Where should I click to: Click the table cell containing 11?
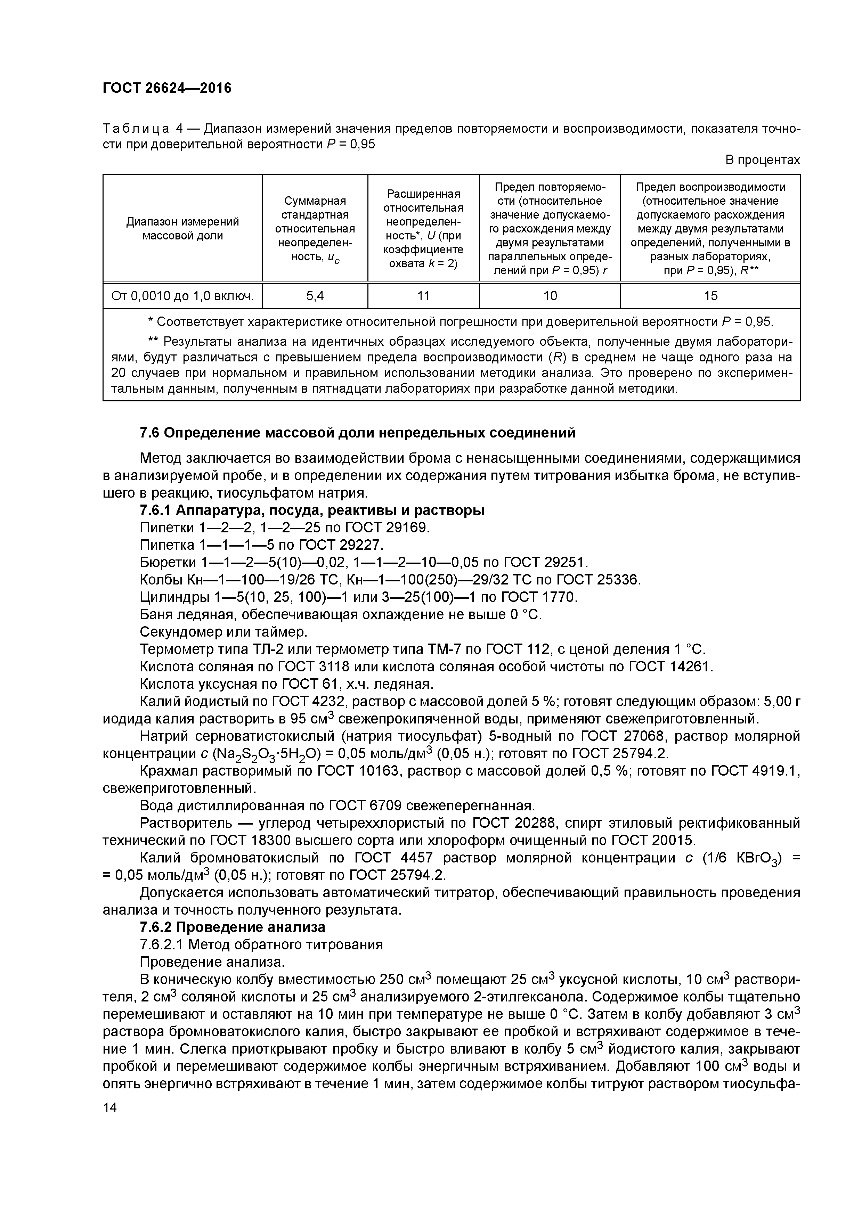423,296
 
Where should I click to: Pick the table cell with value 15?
710,296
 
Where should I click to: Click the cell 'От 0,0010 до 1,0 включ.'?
182,296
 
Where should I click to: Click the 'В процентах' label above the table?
762,160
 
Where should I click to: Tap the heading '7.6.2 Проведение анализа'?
232,927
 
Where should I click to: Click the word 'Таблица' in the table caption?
136,129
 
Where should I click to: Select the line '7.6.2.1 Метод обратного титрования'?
261,944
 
